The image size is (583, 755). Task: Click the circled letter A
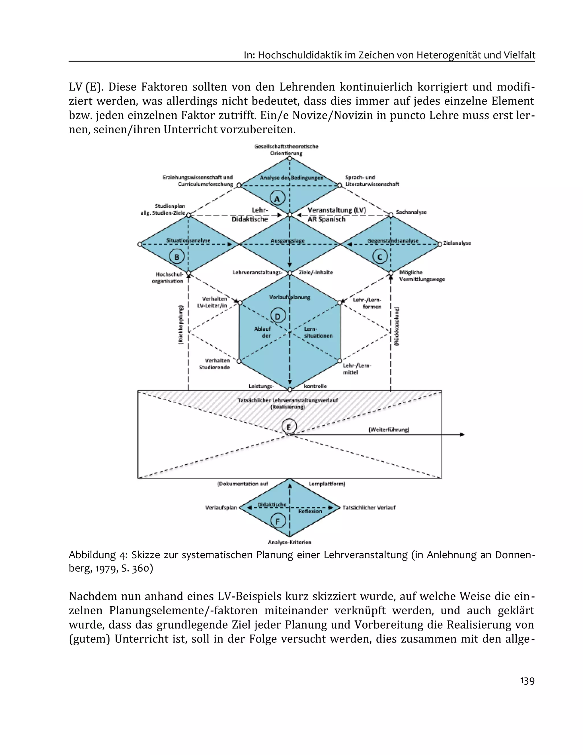tap(277, 199)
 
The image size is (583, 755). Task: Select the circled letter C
tap(380, 257)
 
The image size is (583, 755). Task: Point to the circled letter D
tap(278, 316)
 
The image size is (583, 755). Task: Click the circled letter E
tap(289, 427)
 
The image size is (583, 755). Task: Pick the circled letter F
tap(278, 521)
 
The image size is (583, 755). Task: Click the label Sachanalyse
tap(411, 212)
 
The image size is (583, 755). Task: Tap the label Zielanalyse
tap(457, 243)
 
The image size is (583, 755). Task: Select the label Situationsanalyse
tap(188, 240)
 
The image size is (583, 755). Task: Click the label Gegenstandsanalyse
tap(393, 241)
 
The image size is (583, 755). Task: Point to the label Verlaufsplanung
tap(290, 297)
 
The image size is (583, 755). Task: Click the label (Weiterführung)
tap(389, 430)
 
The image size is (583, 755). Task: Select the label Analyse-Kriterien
tap(290, 542)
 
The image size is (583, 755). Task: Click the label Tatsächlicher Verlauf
tap(369, 508)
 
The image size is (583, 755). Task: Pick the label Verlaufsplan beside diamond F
tap(221, 508)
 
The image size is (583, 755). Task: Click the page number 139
tap(527, 681)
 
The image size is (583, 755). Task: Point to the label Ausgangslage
tap(288, 241)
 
